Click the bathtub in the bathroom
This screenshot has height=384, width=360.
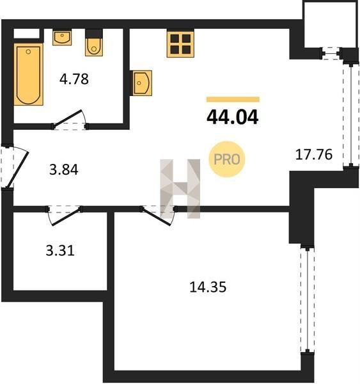28,74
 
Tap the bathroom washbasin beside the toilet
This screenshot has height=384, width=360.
62,38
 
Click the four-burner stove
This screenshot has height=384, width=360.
180,44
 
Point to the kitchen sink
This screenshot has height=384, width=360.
142,83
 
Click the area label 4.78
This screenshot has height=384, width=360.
74,79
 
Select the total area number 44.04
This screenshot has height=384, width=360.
232,117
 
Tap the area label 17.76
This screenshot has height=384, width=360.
314,154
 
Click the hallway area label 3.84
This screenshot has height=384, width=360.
64,170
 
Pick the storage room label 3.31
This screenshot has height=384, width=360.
60,251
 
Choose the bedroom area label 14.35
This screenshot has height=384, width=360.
208,287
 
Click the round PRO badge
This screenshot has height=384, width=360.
227,159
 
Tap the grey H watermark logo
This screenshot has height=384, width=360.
180,189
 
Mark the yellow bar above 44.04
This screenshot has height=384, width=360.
233,99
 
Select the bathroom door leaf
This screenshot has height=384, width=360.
67,118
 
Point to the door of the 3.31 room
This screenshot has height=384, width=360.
67,217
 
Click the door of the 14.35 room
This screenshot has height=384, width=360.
157,217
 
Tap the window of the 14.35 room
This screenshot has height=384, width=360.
308,300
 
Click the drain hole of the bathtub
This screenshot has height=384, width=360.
28,52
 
